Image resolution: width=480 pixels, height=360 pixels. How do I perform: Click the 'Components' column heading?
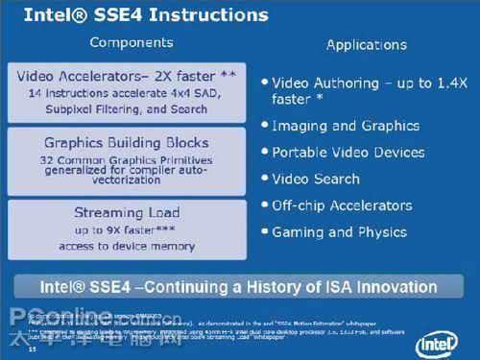[x=131, y=42]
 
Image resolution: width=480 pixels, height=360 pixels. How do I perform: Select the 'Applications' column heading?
[x=366, y=44]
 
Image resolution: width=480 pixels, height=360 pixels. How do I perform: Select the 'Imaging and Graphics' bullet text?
[x=346, y=126]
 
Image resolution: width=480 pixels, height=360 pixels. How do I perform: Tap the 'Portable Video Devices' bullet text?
[x=348, y=153]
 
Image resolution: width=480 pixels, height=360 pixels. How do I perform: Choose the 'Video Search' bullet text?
[x=316, y=179]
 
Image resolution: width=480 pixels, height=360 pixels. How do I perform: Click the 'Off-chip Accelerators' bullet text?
[x=342, y=205]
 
